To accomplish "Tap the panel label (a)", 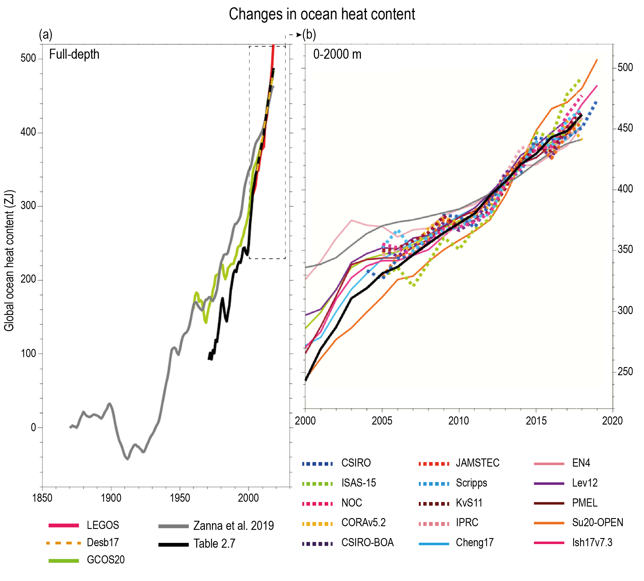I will coord(45,34).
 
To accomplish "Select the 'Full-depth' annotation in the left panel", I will coord(74,54).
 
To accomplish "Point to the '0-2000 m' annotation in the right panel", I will coord(337,54).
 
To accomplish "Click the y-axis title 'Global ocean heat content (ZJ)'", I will coord(9,261).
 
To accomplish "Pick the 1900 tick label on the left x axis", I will coord(111,498).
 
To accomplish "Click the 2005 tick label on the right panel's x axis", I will coord(382,421).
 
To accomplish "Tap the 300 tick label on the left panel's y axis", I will coord(28,205).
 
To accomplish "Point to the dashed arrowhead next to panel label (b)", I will coord(299,35).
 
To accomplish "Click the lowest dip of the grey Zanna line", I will coord(127,459).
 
